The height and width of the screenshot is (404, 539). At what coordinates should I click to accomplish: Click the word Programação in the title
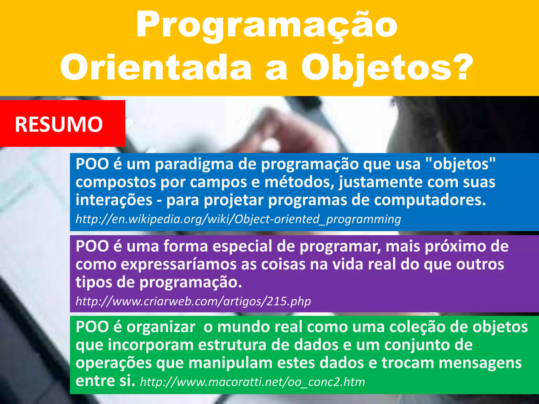pyautogui.click(x=266, y=26)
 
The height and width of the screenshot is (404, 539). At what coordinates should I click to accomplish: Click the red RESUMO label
pyautogui.click(x=59, y=124)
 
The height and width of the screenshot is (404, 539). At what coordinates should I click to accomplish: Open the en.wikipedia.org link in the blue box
pyautogui.click(x=238, y=219)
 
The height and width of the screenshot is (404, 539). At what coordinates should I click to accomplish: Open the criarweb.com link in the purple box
pyautogui.click(x=193, y=301)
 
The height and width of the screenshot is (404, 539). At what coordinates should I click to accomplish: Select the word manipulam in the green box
pyautogui.click(x=231, y=363)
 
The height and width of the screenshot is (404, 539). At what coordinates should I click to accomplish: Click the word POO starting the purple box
pyautogui.click(x=92, y=246)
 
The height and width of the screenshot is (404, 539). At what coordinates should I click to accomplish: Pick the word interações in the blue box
pyautogui.click(x=114, y=200)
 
